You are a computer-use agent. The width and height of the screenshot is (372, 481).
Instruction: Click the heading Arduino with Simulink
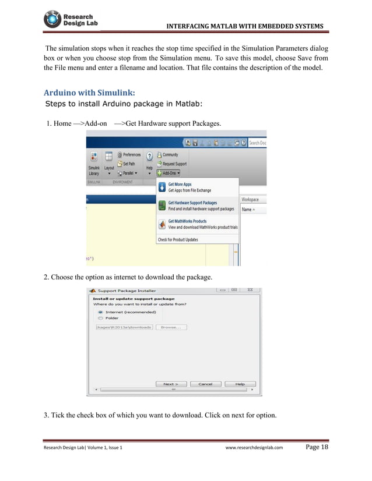pos(89,93)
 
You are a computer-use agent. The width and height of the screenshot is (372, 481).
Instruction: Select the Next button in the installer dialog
pos(171,384)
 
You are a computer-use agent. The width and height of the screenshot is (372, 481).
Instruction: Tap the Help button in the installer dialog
pos(240,384)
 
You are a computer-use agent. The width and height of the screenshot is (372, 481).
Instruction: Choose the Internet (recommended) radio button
pos(100,312)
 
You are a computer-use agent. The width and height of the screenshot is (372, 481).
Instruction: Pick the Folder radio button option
pos(100,318)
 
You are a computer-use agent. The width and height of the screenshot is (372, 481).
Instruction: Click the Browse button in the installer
pos(171,327)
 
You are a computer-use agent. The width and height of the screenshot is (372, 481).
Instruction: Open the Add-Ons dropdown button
pos(169,172)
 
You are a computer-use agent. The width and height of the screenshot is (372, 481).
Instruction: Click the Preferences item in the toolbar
pos(129,155)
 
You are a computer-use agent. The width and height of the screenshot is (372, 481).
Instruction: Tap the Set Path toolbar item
pos(129,164)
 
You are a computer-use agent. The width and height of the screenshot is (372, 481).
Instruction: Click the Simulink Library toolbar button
pos(93,164)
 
